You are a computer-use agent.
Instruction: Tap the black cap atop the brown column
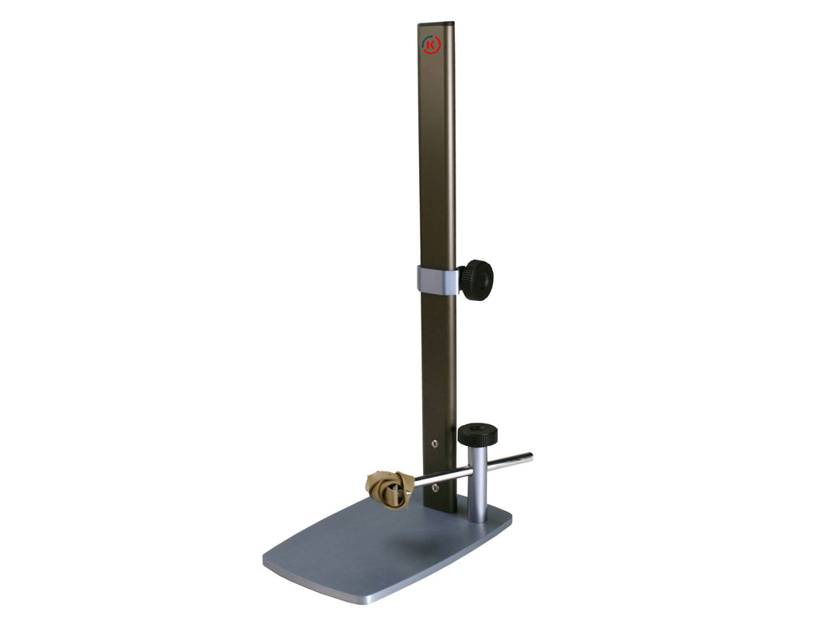(x=436, y=23)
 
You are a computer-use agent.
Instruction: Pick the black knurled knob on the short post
(x=477, y=435)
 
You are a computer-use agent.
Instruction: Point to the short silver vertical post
(x=477, y=495)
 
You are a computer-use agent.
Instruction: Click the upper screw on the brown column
(x=436, y=444)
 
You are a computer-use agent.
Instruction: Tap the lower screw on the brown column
(x=436, y=487)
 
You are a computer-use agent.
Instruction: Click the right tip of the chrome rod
(x=529, y=458)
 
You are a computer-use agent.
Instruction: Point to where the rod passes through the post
(x=477, y=469)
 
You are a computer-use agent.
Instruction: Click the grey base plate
(x=381, y=552)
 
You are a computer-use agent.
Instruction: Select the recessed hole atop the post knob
(x=477, y=428)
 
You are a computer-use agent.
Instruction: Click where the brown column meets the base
(x=440, y=509)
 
